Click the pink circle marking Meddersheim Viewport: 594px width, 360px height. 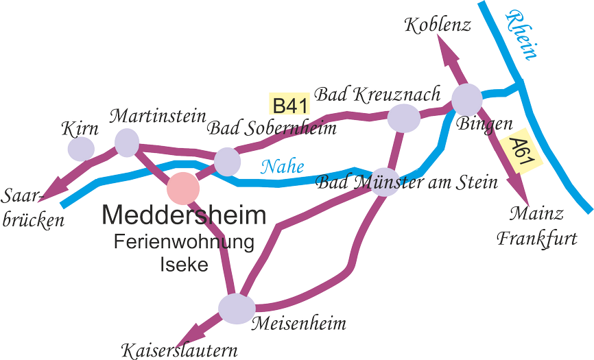click(184, 187)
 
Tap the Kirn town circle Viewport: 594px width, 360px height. click(81, 147)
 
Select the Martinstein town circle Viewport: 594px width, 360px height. click(127, 142)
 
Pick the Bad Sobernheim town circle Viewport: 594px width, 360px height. click(227, 161)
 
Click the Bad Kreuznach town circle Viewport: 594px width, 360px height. click(403, 117)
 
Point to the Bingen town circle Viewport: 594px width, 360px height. click(466, 99)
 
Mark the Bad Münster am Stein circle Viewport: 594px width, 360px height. click(385, 182)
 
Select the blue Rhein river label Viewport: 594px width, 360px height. click(521, 34)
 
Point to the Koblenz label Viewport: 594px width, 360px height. click(438, 26)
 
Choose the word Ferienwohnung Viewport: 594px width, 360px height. click(184, 242)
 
